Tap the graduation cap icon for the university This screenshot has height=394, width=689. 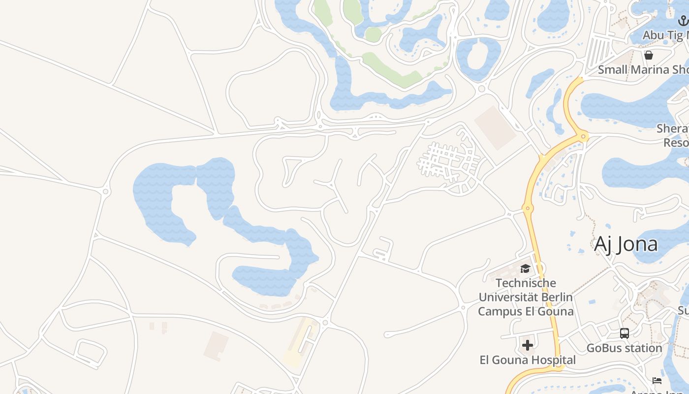[x=525, y=268]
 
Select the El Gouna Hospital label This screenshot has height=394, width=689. [x=528, y=360]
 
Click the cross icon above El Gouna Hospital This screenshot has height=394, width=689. [x=528, y=345]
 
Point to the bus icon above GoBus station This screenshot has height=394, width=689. [x=625, y=333]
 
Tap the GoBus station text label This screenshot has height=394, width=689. [x=624, y=348]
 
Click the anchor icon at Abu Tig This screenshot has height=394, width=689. [x=683, y=21]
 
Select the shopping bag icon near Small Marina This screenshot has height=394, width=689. [x=649, y=55]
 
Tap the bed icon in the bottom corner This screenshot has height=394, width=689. [x=657, y=380]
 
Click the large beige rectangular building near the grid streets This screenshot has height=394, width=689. [x=495, y=127]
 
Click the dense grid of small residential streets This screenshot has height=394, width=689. [x=448, y=160]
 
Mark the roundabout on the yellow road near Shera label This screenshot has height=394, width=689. [x=584, y=136]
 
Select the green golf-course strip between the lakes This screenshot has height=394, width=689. [x=389, y=69]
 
